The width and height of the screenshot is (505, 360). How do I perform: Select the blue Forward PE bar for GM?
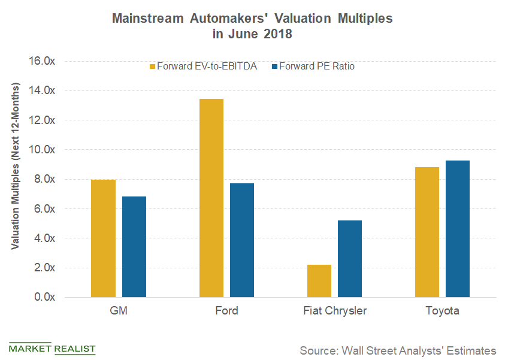click(x=134, y=247)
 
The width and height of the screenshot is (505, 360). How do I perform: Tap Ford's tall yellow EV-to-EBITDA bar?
click(x=211, y=198)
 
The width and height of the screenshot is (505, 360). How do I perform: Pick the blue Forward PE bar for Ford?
click(x=241, y=240)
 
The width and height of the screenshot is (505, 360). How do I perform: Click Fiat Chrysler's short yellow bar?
click(x=319, y=281)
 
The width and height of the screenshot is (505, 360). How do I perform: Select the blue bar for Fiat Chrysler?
click(x=349, y=259)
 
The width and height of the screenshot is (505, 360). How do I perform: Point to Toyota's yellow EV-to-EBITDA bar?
click(x=427, y=232)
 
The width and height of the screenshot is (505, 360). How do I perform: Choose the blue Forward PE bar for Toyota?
click(x=457, y=229)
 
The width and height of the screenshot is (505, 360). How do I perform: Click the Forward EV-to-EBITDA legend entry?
click(x=203, y=66)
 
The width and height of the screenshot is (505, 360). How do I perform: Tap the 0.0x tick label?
click(x=44, y=297)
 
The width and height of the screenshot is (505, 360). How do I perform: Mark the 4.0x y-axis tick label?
click(x=44, y=238)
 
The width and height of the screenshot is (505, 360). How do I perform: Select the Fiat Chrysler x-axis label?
click(x=334, y=311)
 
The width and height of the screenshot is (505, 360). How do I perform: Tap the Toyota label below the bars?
click(x=442, y=311)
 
